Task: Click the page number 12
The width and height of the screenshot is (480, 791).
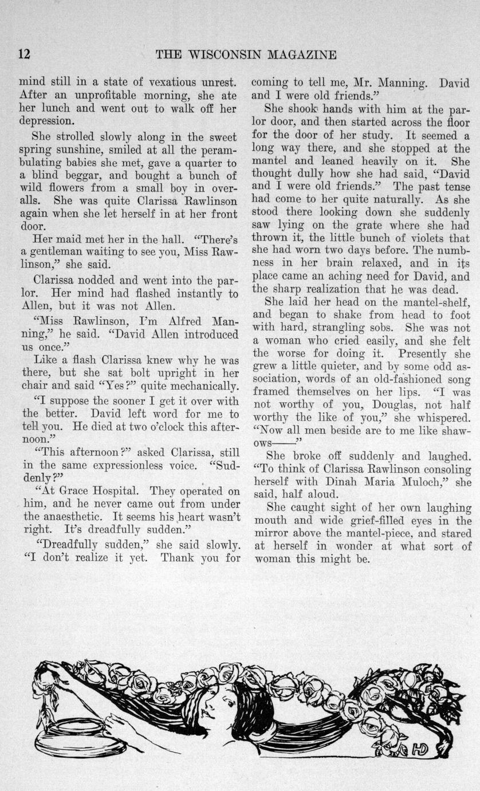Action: pos(23,54)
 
